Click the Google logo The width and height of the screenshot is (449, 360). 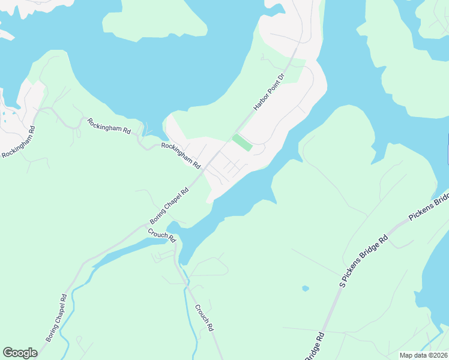(20, 353)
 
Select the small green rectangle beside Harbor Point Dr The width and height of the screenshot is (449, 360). (242, 143)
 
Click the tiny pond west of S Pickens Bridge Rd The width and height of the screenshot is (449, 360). (306, 289)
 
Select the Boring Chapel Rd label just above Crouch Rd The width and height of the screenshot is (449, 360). (169, 206)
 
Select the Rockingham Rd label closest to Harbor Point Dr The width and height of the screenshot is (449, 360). (181, 154)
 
